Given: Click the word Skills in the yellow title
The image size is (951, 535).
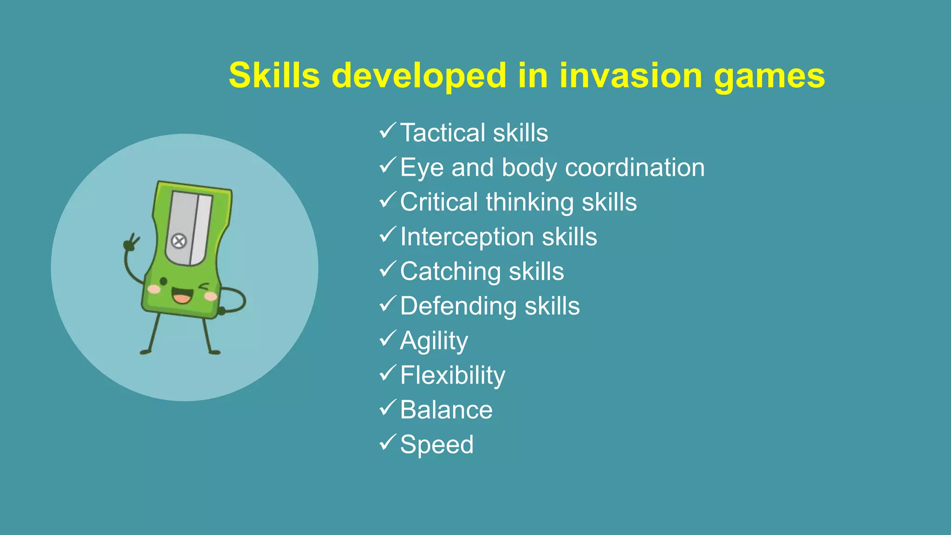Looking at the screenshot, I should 274,76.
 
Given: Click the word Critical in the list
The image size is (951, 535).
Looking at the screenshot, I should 439,202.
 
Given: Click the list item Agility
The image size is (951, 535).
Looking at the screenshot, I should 434,341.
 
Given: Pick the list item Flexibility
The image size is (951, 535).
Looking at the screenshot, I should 452,376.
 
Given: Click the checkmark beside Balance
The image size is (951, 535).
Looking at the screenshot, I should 387,408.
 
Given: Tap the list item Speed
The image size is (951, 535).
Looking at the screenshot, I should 436,444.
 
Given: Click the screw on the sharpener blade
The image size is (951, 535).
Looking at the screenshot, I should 179,241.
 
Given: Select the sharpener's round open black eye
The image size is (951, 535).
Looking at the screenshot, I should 163,281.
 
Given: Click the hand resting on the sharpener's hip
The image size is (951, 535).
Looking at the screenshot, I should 221,310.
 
